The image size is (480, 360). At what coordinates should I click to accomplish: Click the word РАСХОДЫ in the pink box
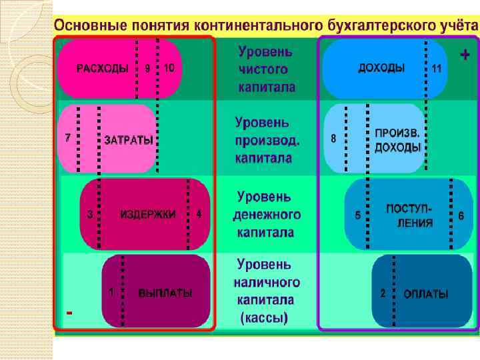(x=102, y=68)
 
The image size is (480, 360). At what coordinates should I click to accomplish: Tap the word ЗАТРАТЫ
(x=128, y=141)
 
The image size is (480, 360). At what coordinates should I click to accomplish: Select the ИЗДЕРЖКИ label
(x=148, y=215)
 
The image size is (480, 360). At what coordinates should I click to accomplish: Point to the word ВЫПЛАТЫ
(x=165, y=293)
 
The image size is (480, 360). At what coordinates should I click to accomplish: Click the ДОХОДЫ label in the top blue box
(x=381, y=68)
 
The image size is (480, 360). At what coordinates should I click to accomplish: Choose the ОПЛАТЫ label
(x=425, y=294)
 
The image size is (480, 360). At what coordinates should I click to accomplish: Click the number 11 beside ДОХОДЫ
(x=437, y=69)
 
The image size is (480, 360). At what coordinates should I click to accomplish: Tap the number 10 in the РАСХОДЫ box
(x=169, y=68)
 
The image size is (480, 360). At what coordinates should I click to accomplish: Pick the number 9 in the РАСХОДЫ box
(x=147, y=68)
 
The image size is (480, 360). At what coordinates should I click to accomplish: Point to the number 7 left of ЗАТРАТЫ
(x=67, y=138)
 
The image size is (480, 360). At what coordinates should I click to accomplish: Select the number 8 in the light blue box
(x=333, y=139)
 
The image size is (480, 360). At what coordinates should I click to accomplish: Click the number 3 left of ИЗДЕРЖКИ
(x=90, y=215)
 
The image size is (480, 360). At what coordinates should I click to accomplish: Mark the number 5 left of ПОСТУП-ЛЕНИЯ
(x=358, y=215)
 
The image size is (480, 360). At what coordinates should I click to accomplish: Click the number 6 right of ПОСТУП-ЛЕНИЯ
(x=461, y=215)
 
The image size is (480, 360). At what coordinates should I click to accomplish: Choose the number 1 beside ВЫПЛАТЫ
(x=111, y=292)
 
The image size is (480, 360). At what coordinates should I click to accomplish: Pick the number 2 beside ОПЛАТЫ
(x=383, y=293)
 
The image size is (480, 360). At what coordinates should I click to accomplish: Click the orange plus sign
(x=464, y=55)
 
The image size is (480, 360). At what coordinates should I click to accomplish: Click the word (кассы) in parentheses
(x=263, y=319)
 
